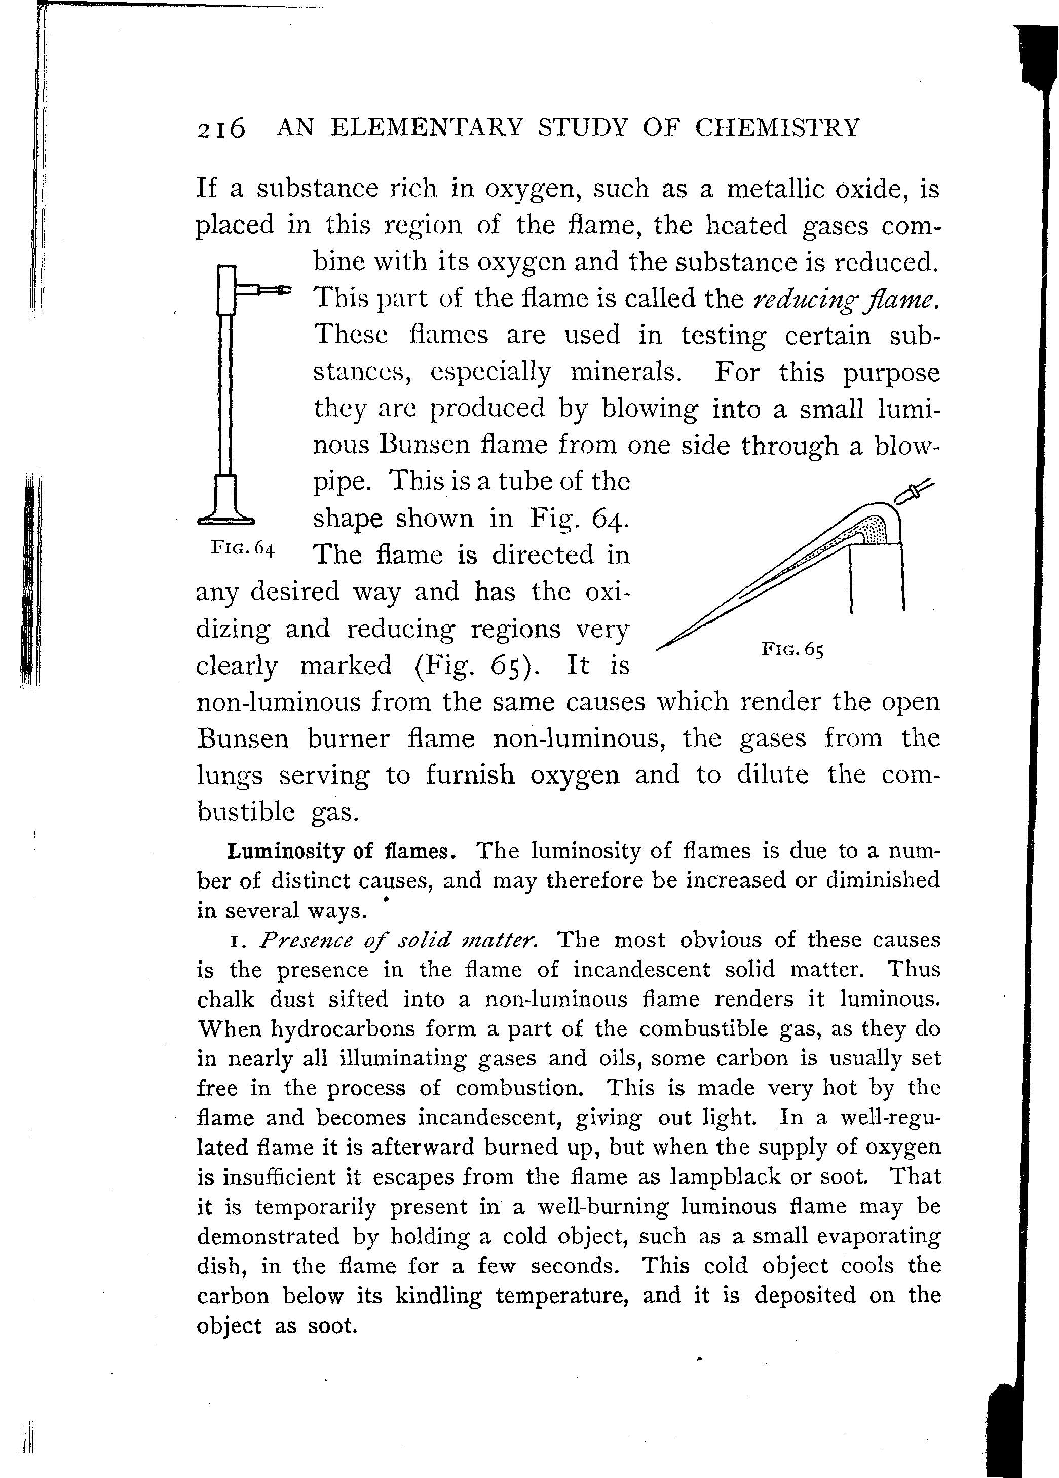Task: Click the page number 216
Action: click(x=221, y=128)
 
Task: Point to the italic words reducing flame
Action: click(x=845, y=299)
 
